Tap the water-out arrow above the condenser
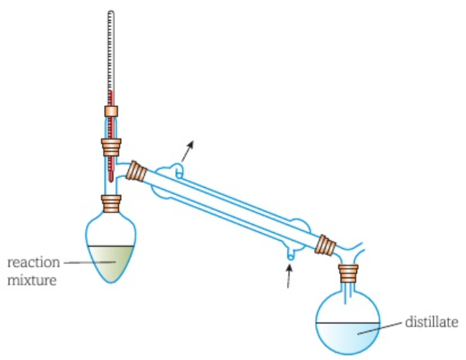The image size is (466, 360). tap(188, 151)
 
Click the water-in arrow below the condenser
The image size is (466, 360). tap(289, 275)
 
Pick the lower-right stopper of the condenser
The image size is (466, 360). tap(327, 245)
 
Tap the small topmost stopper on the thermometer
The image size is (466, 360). tap(111, 111)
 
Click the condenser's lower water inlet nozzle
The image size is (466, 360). tap(290, 253)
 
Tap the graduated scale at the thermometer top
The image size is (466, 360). tap(111, 50)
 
